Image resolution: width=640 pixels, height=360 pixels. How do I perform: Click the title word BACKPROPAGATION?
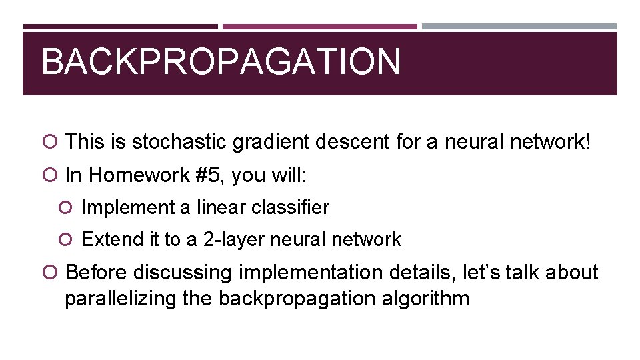(221, 62)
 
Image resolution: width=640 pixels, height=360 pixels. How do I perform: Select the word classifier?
(290, 208)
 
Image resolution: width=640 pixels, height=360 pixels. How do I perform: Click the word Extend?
(111, 240)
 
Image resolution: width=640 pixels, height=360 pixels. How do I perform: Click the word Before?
(97, 273)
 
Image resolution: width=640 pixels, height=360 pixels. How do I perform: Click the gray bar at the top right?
(519, 27)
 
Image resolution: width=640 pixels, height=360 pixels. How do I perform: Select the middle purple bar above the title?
(319, 27)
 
